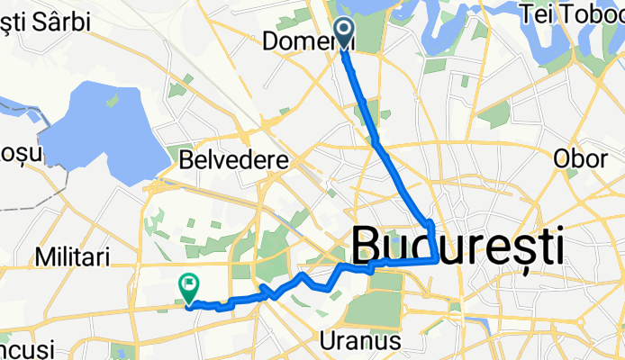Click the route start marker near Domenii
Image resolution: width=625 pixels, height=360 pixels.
coord(345,30)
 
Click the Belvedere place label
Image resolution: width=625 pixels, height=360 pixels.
coord(233,161)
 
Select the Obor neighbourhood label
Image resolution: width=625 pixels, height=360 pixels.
coord(580,158)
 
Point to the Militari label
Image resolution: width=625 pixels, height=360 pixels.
coord(73,258)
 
